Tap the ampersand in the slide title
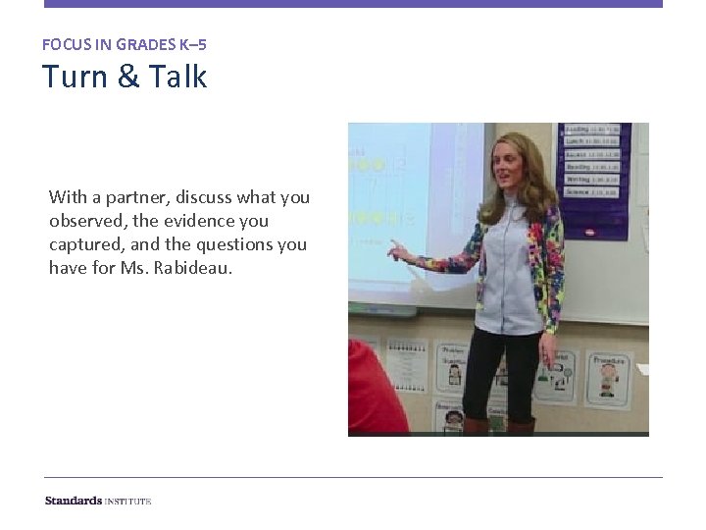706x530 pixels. (128, 77)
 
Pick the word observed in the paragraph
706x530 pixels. (86, 221)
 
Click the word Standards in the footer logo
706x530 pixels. (74, 501)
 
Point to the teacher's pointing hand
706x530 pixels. (397, 251)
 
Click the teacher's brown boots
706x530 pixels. (496, 426)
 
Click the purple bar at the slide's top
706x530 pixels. (353, 4)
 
